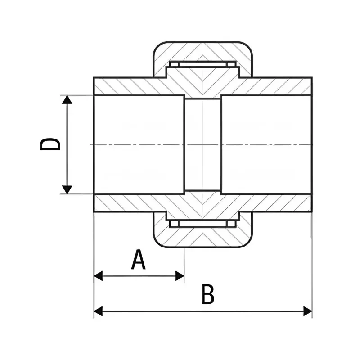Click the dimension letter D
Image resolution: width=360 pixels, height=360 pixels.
tap(50, 144)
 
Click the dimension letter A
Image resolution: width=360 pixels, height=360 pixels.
tap(139, 260)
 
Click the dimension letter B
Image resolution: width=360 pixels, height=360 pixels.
tap(207, 295)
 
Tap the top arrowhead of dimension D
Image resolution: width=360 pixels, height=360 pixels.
tap(67, 99)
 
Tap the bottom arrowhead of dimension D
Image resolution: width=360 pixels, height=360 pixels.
tap(67, 189)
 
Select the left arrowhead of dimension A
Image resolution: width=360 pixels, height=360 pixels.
tap(98, 276)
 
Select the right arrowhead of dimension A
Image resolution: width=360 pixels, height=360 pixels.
tap(180, 276)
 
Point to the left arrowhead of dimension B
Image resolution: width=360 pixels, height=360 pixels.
tap(98, 311)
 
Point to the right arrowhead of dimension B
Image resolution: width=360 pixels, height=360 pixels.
tap(308, 311)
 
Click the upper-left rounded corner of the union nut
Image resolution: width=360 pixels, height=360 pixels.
tap(157, 46)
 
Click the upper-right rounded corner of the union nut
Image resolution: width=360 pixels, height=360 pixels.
tap(248, 46)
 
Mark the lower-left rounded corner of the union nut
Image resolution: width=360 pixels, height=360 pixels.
tap(157, 243)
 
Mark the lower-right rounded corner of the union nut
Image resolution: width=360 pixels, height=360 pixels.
tap(248, 243)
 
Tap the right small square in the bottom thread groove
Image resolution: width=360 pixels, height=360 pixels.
tap(231, 224)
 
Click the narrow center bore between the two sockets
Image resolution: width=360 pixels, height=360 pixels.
tap(203, 144)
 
